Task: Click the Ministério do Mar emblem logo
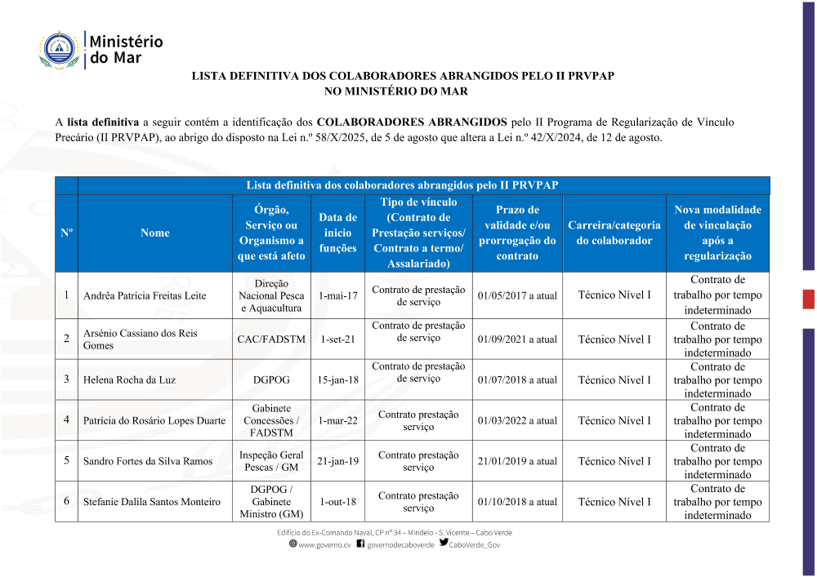[60, 50]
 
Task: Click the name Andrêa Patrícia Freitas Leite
[145, 295]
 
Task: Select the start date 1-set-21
[338, 340]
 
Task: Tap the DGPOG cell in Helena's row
[271, 380]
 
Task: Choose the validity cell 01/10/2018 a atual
[517, 502]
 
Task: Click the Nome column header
[154, 233]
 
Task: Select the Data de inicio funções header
[338, 233]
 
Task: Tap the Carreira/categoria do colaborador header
[614, 233]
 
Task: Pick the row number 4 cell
[66, 420]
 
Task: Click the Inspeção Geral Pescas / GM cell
[271, 461]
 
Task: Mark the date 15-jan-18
[338, 380]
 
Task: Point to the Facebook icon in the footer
[361, 544]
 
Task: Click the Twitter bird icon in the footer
[444, 543]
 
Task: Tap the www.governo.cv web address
[324, 544]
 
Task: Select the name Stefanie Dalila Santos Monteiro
[152, 502]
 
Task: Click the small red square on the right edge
[808, 299]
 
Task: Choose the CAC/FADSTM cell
[271, 340]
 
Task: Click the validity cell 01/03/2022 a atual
[517, 421]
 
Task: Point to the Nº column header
[66, 233]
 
